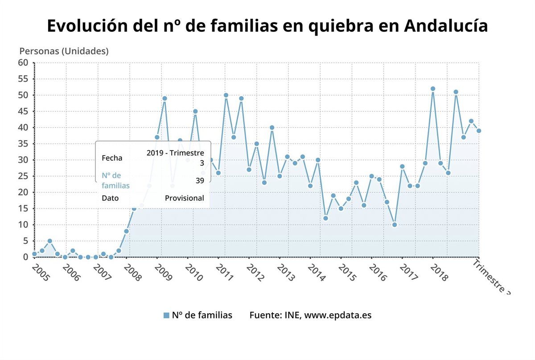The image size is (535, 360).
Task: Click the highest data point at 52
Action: click(x=432, y=89)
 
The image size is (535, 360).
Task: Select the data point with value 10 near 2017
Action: click(x=394, y=225)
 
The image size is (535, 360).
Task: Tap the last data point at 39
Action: click(x=478, y=131)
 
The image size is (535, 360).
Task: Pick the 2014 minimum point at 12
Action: click(x=325, y=218)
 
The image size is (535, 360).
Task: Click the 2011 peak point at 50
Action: click(x=226, y=95)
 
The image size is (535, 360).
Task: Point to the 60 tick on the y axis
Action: click(x=23, y=63)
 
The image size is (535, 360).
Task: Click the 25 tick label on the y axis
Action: click(x=23, y=176)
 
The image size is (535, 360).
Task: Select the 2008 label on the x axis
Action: click(x=132, y=273)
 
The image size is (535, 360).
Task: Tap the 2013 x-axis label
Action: click(x=285, y=273)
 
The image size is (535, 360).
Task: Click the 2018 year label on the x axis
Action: click(x=439, y=273)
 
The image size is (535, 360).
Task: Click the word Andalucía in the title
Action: click(x=446, y=26)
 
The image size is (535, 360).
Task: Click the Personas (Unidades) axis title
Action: click(x=64, y=51)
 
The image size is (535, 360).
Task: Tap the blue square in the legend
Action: click(x=166, y=315)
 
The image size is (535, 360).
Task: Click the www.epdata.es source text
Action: click(x=338, y=315)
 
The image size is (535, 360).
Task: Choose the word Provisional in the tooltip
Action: click(x=184, y=198)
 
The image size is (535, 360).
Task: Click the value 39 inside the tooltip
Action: click(x=200, y=180)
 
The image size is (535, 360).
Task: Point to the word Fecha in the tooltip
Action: click(x=112, y=158)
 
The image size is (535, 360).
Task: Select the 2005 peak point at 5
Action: click(x=49, y=241)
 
